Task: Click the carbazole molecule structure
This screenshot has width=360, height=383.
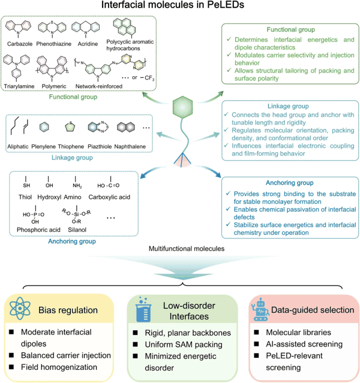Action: coord(19,28)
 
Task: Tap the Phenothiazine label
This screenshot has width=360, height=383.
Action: coord(54,44)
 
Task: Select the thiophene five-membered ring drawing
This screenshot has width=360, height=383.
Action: coord(70,127)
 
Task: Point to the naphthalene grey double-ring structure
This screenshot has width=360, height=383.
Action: coord(126,127)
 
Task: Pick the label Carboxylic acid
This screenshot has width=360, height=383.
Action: coord(109,197)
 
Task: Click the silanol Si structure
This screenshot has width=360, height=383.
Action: coord(76,215)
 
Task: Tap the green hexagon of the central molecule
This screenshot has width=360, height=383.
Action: coord(182,107)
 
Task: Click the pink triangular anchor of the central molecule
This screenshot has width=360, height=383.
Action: coord(182,160)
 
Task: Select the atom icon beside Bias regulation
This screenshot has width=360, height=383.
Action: coord(20,308)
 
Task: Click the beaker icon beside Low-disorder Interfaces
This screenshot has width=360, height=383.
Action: coord(144,309)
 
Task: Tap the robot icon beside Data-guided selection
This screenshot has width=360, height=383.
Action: coord(260,309)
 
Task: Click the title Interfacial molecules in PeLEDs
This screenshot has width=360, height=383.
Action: coord(173,5)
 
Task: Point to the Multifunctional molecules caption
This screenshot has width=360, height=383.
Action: coord(187,249)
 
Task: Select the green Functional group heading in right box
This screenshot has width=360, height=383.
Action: coord(291,29)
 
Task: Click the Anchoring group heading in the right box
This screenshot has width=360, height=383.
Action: coord(290,183)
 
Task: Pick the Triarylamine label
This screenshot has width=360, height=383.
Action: coord(19,86)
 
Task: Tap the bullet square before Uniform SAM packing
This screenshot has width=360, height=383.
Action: coord(135,345)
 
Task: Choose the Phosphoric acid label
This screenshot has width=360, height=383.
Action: coord(38,230)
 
